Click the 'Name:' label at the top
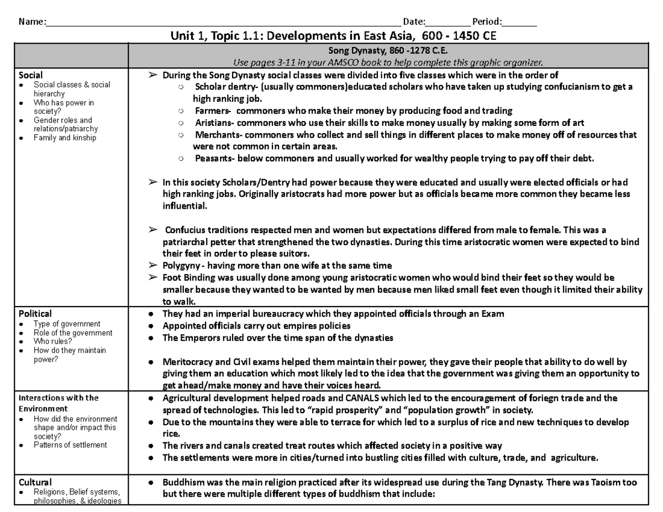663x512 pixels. coord(31,23)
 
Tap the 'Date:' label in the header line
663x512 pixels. coord(414,23)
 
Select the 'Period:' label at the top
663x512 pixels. coord(487,23)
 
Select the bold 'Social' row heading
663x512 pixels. coord(31,75)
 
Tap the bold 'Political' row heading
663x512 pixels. coord(35,314)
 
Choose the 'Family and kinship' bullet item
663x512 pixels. coord(65,138)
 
